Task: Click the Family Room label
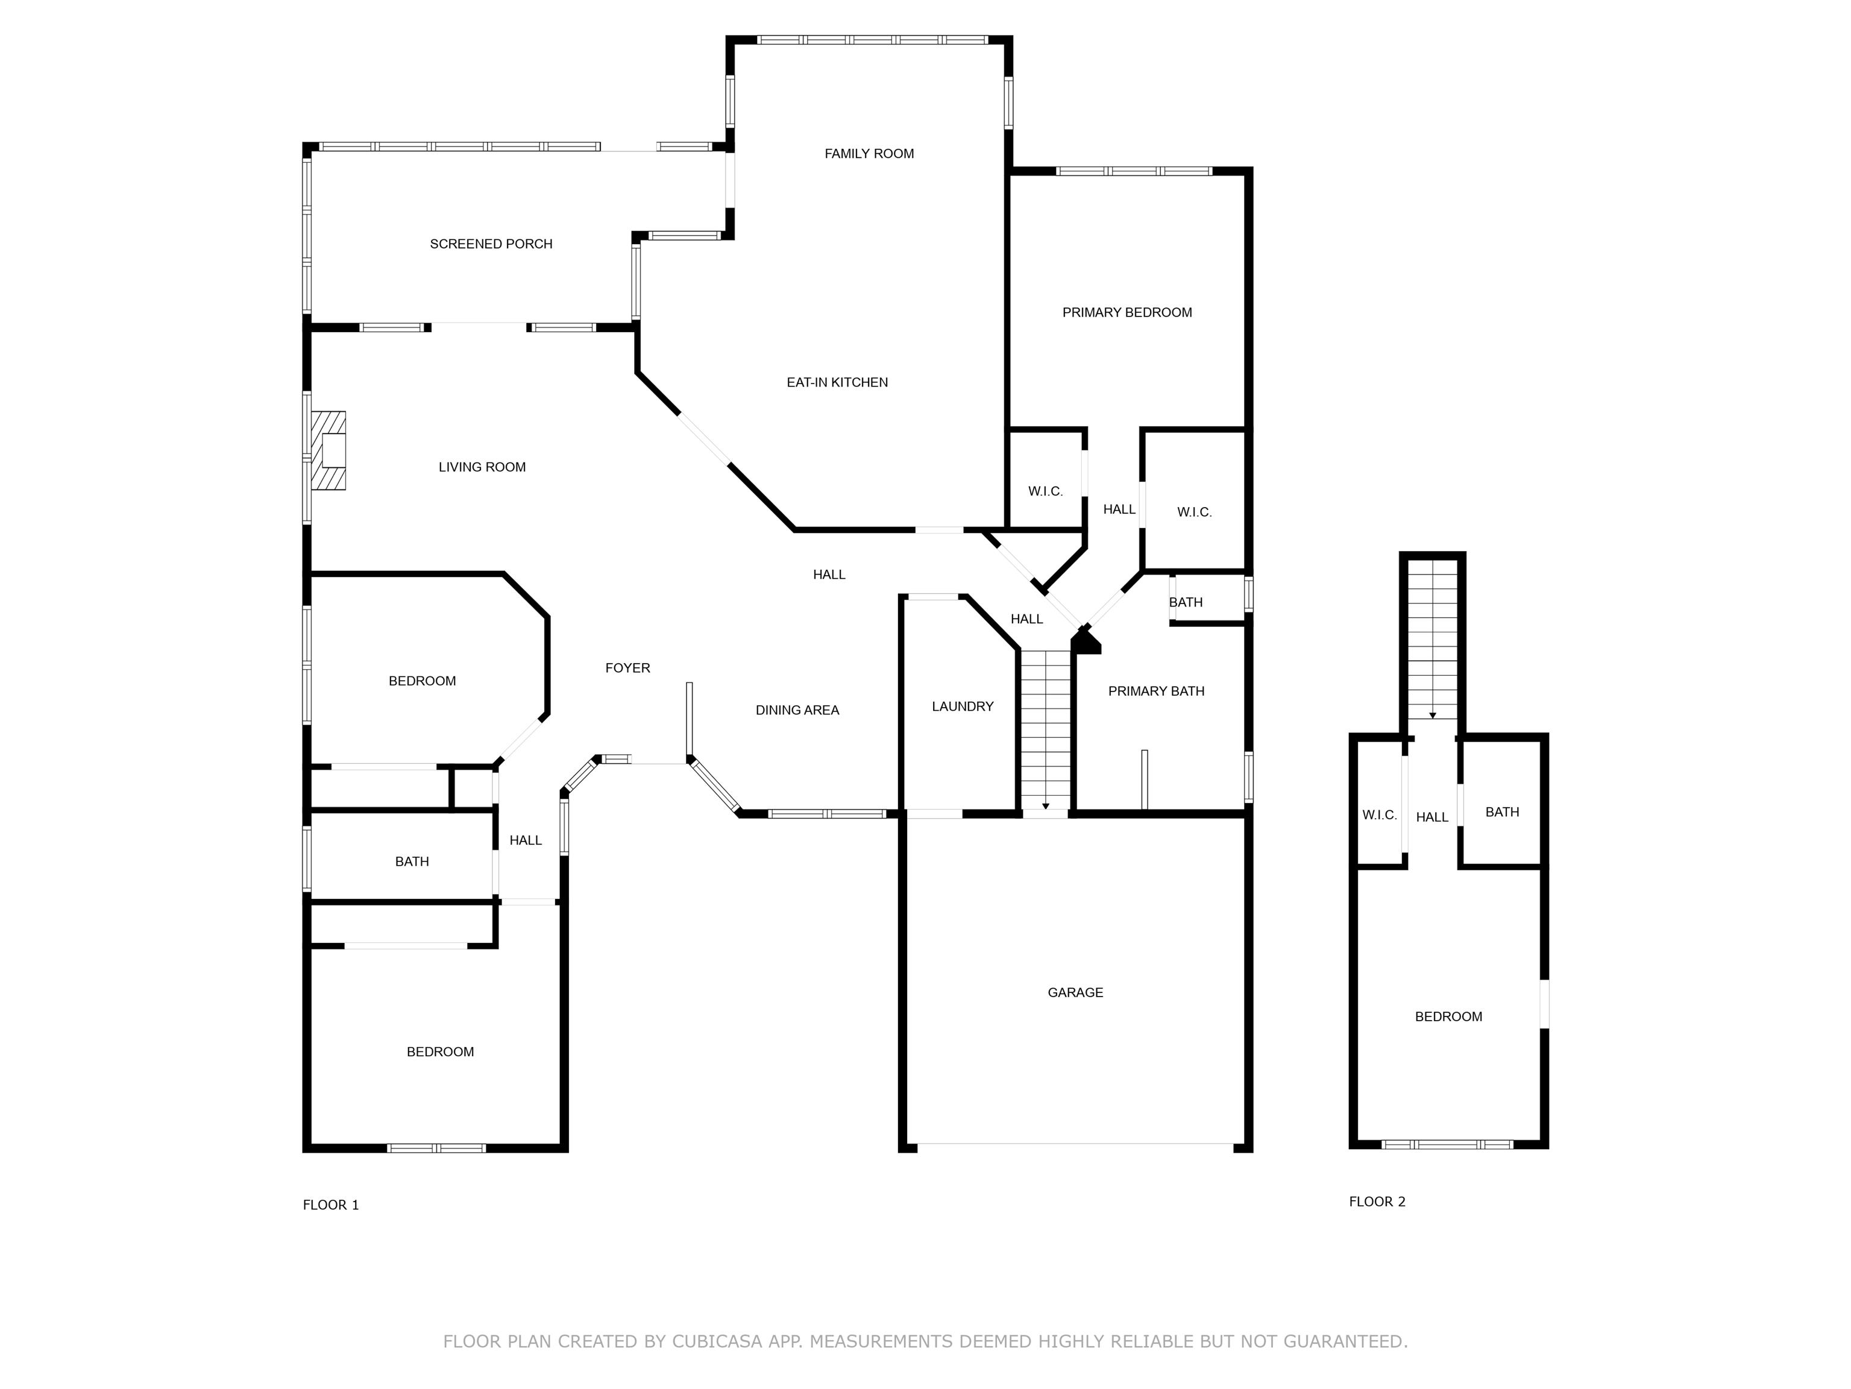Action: click(869, 153)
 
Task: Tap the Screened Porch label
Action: click(491, 244)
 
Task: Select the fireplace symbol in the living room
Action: click(330, 450)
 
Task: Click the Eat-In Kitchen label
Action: click(837, 382)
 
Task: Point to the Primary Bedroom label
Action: click(1127, 312)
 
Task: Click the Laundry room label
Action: click(963, 706)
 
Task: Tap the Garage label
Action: click(1075, 992)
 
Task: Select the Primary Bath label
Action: click(1155, 691)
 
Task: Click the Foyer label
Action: click(627, 668)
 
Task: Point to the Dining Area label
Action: click(797, 710)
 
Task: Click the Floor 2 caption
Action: click(1377, 1202)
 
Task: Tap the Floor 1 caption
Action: click(330, 1205)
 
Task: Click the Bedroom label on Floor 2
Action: click(1448, 1016)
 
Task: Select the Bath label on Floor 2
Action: click(1501, 811)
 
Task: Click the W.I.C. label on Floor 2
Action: click(1379, 815)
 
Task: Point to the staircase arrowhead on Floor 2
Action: click(1433, 716)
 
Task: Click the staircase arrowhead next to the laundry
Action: click(1045, 806)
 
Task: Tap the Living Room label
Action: click(482, 467)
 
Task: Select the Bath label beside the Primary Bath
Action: click(1185, 602)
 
